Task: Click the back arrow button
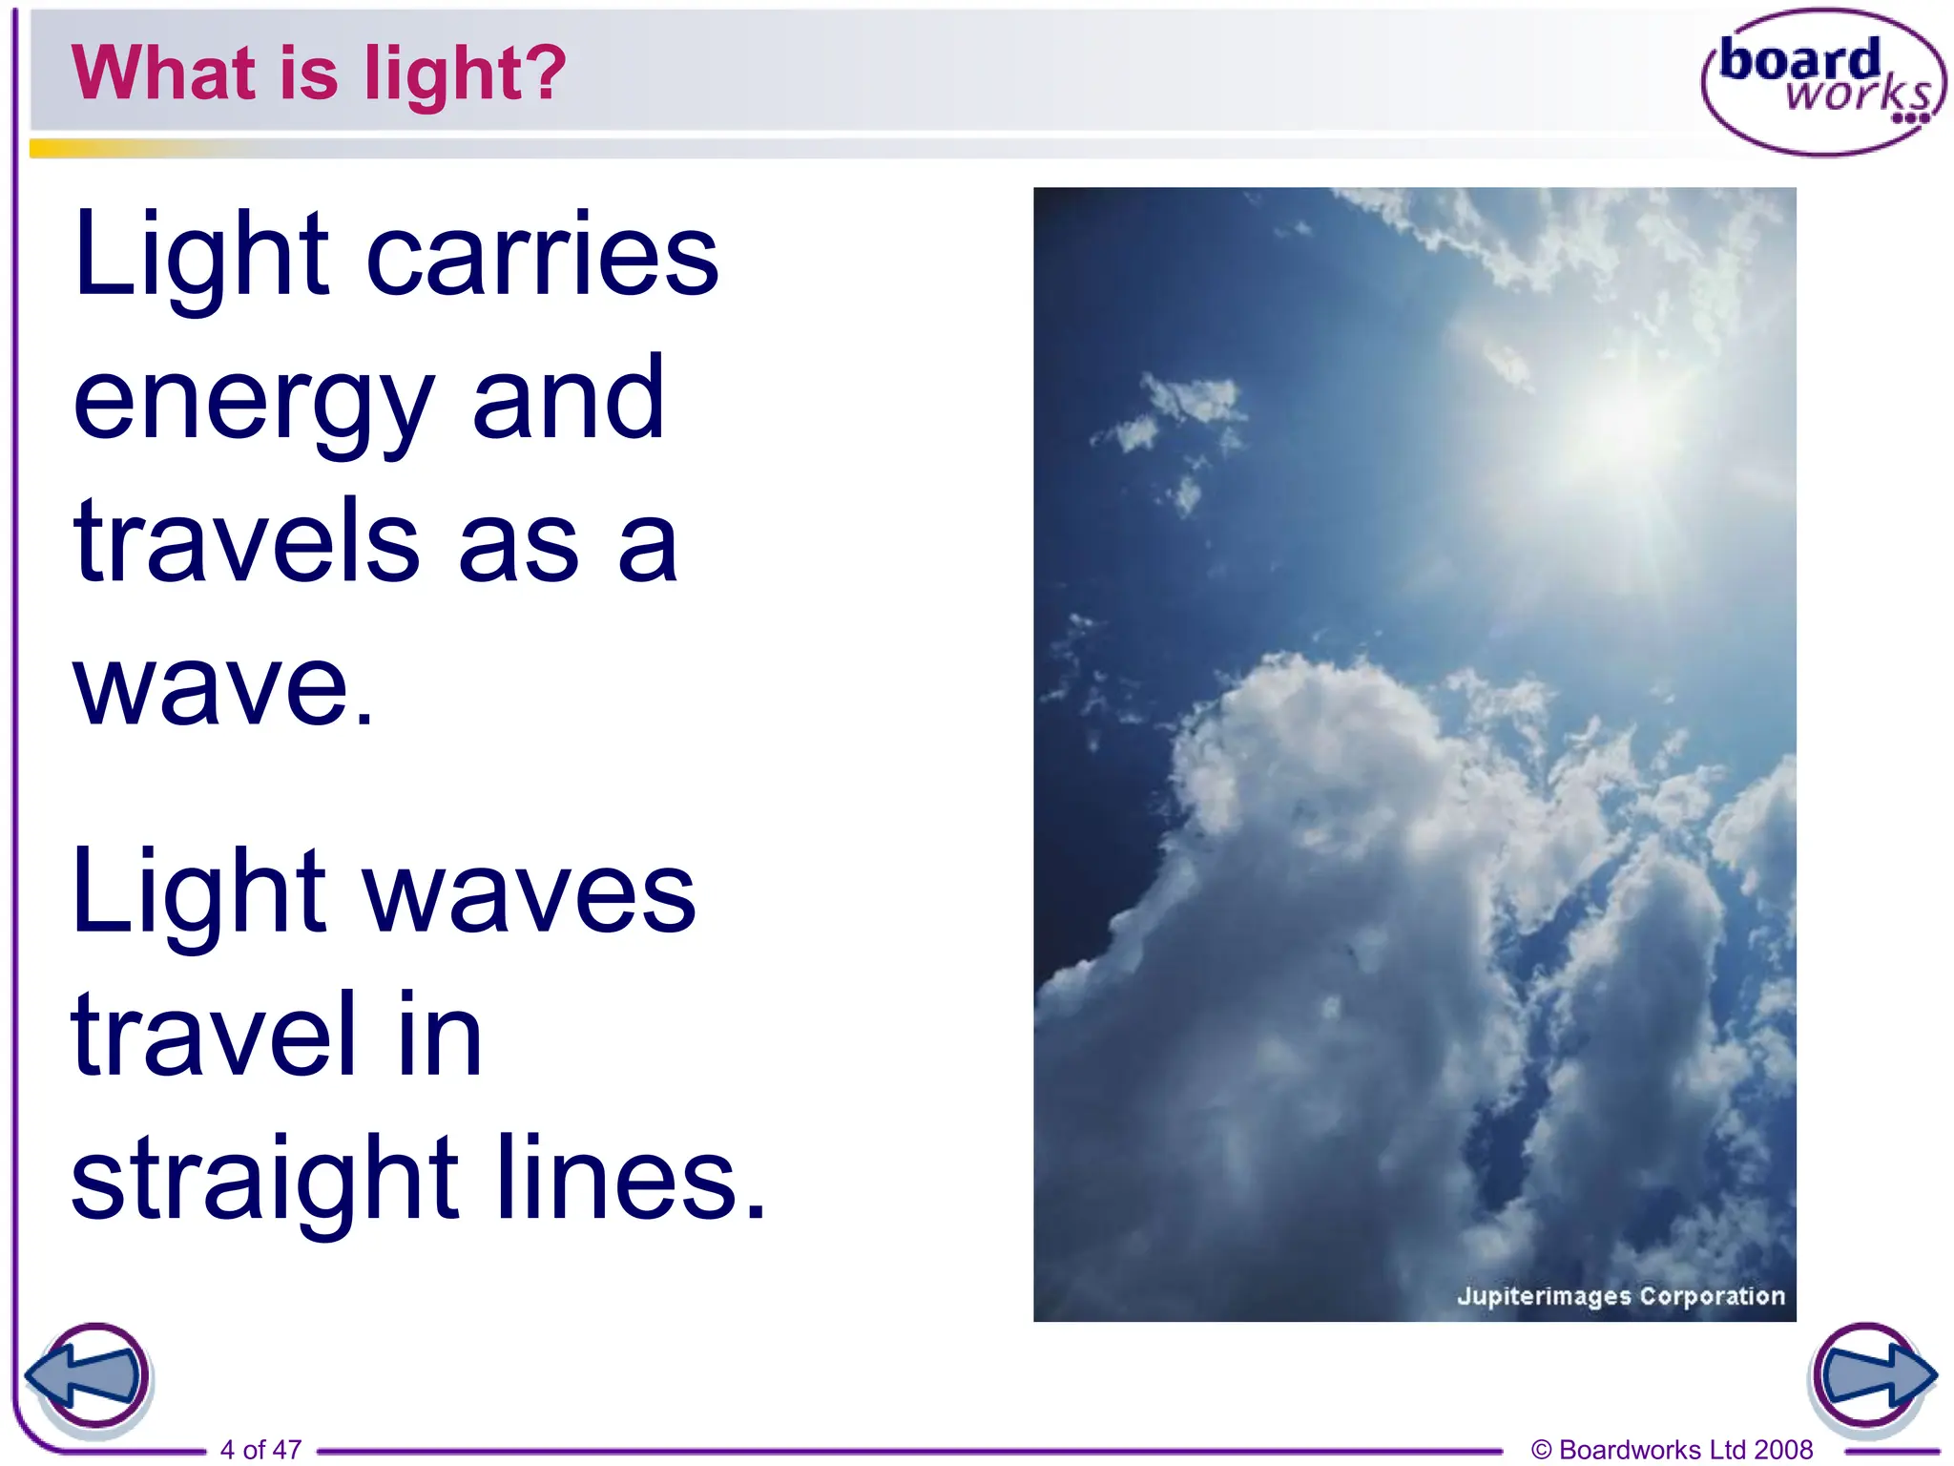pyautogui.click(x=88, y=1377)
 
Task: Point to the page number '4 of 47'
pyautogui.click(x=260, y=1449)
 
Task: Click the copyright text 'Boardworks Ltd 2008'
pyautogui.click(x=1685, y=1449)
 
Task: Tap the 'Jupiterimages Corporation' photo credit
pyautogui.click(x=1620, y=1295)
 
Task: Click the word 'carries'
pyautogui.click(x=542, y=255)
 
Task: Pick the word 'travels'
pyautogui.click(x=246, y=541)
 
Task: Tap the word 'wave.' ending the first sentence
pyautogui.click(x=223, y=685)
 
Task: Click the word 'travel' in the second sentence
pyautogui.click(x=214, y=1035)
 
